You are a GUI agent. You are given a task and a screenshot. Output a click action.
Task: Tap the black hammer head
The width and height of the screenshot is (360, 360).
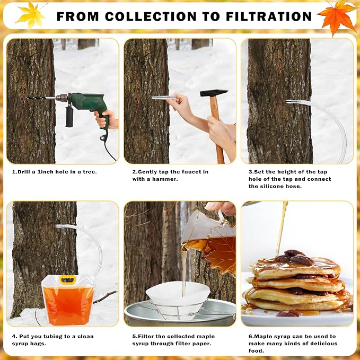point(214,93)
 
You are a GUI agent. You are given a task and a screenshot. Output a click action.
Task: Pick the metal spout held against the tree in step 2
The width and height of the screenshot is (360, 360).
point(163,98)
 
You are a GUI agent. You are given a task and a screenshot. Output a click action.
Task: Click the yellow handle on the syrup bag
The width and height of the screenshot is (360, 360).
point(67,280)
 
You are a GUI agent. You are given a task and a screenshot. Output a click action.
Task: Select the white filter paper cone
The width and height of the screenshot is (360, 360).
point(178,293)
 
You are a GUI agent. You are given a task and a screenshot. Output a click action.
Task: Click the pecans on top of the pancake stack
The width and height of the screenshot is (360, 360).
point(295,257)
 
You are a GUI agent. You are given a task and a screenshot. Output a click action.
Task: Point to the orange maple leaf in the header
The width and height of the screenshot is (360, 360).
point(337,16)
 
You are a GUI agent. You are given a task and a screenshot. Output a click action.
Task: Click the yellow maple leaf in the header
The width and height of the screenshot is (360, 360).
point(31,15)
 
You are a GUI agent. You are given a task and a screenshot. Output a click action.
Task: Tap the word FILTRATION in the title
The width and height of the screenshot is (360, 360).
point(269,16)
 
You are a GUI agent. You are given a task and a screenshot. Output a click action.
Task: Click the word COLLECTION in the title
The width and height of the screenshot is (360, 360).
point(151,16)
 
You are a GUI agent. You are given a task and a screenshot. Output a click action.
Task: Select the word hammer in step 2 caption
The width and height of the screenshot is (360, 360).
point(165,179)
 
